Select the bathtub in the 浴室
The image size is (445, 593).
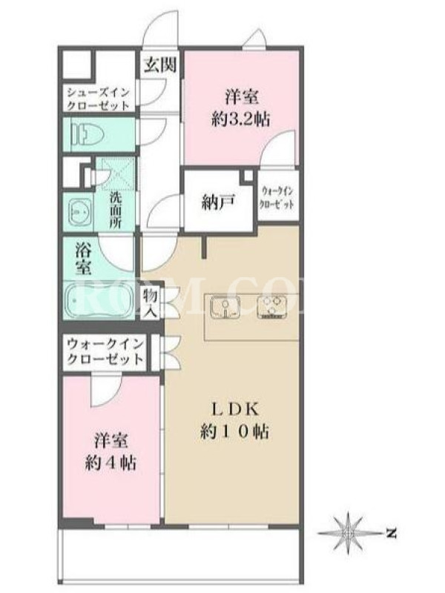pos(97,300)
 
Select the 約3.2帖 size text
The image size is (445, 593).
pos(240,120)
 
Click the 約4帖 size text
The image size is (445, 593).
pos(111,462)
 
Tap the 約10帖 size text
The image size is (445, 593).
pos(234,431)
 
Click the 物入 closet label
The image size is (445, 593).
pos(150,303)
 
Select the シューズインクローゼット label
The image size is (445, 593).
pos(99,99)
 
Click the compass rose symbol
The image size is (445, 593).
pos(347,532)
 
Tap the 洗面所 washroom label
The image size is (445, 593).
pos(116,210)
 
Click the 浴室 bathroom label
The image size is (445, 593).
pos(83,259)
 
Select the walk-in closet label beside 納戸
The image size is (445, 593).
pos(276,199)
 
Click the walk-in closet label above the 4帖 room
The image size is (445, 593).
pos(105,351)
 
